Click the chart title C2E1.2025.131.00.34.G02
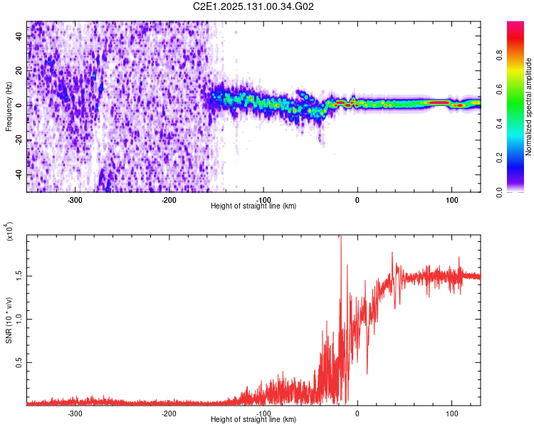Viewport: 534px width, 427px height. (253, 6)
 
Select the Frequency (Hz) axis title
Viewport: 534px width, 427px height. (9, 107)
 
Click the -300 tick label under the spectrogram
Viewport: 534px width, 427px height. (75, 200)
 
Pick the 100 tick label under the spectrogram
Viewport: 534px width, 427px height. (451, 200)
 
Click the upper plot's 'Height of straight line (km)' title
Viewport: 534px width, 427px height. (253, 206)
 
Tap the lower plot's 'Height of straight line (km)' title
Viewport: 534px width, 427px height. (253, 420)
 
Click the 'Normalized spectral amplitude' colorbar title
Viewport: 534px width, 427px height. (529, 107)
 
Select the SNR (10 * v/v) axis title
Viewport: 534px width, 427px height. (9, 320)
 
